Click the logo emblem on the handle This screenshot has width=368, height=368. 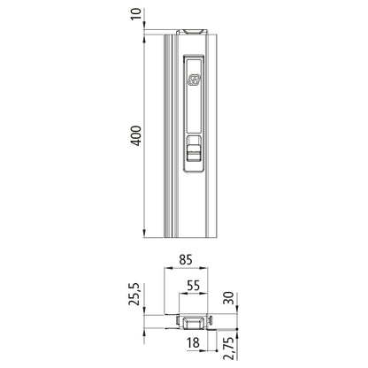(194, 80)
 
